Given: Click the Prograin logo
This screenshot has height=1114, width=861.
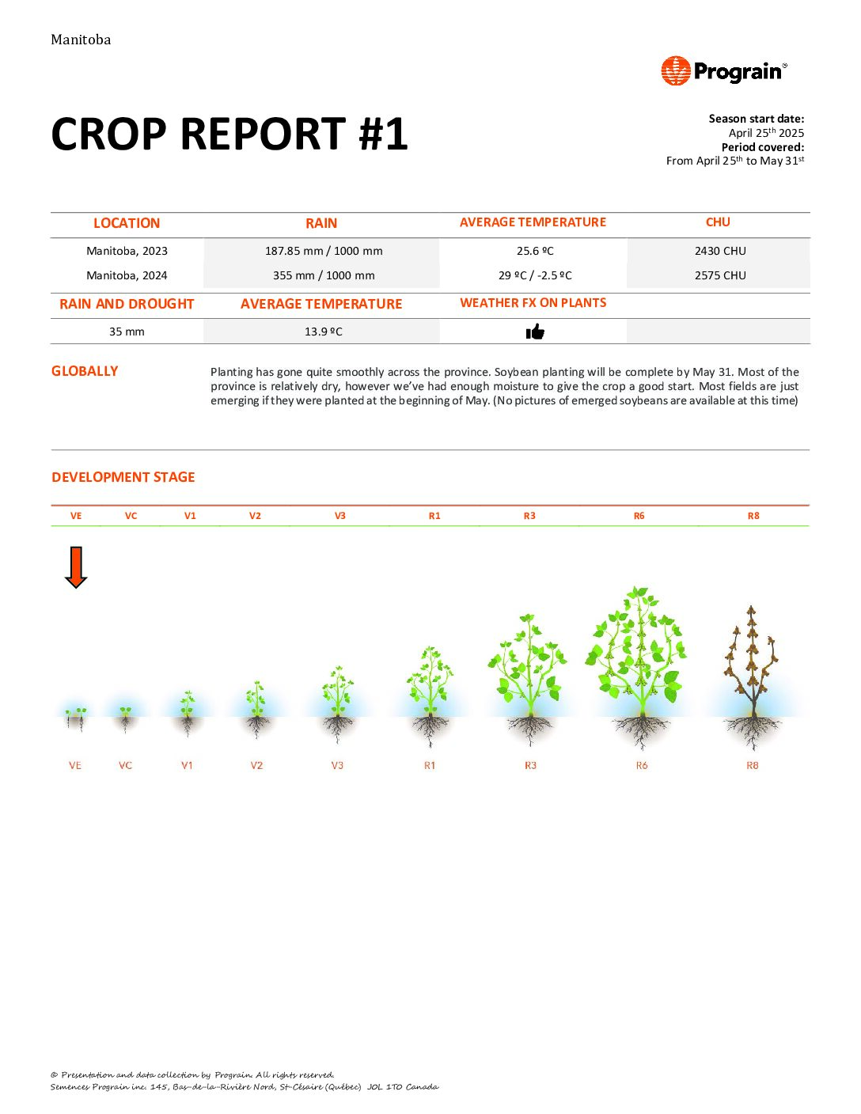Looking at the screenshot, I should pyautogui.click(x=724, y=71).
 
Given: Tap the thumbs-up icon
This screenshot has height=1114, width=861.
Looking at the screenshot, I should pyautogui.click(x=535, y=332).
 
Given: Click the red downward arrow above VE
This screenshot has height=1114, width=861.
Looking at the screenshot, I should pyautogui.click(x=76, y=567).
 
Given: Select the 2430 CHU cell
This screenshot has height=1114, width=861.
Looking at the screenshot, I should pyautogui.click(x=720, y=251).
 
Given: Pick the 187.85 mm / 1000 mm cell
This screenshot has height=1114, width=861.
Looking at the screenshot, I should pyautogui.click(x=324, y=251).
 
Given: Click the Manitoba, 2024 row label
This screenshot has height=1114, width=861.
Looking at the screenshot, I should pyautogui.click(x=127, y=275).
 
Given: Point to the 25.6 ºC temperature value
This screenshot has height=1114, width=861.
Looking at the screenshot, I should pyautogui.click(x=535, y=251).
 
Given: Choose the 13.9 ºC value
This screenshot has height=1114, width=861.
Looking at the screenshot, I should pyautogui.click(x=324, y=332).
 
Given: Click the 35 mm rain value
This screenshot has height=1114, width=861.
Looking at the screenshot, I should pyautogui.click(x=127, y=332).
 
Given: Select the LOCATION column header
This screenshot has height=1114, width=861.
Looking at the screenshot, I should pyautogui.click(x=127, y=223).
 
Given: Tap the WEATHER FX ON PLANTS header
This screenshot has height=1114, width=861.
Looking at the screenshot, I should pyautogui.click(x=533, y=303).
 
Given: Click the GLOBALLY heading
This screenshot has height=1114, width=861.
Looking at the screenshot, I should pyautogui.click(x=85, y=371).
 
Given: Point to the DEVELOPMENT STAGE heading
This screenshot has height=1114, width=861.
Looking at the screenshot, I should pyautogui.click(x=123, y=477).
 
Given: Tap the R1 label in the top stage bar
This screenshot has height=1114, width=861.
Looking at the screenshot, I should pyautogui.click(x=434, y=516).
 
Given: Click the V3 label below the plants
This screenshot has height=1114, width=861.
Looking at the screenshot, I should pyautogui.click(x=337, y=766).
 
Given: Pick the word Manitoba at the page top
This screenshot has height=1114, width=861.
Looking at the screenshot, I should pyautogui.click(x=81, y=40).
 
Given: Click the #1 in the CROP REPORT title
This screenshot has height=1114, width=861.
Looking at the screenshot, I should pyautogui.click(x=383, y=134).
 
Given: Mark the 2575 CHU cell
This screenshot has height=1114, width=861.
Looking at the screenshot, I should pyautogui.click(x=720, y=275).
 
